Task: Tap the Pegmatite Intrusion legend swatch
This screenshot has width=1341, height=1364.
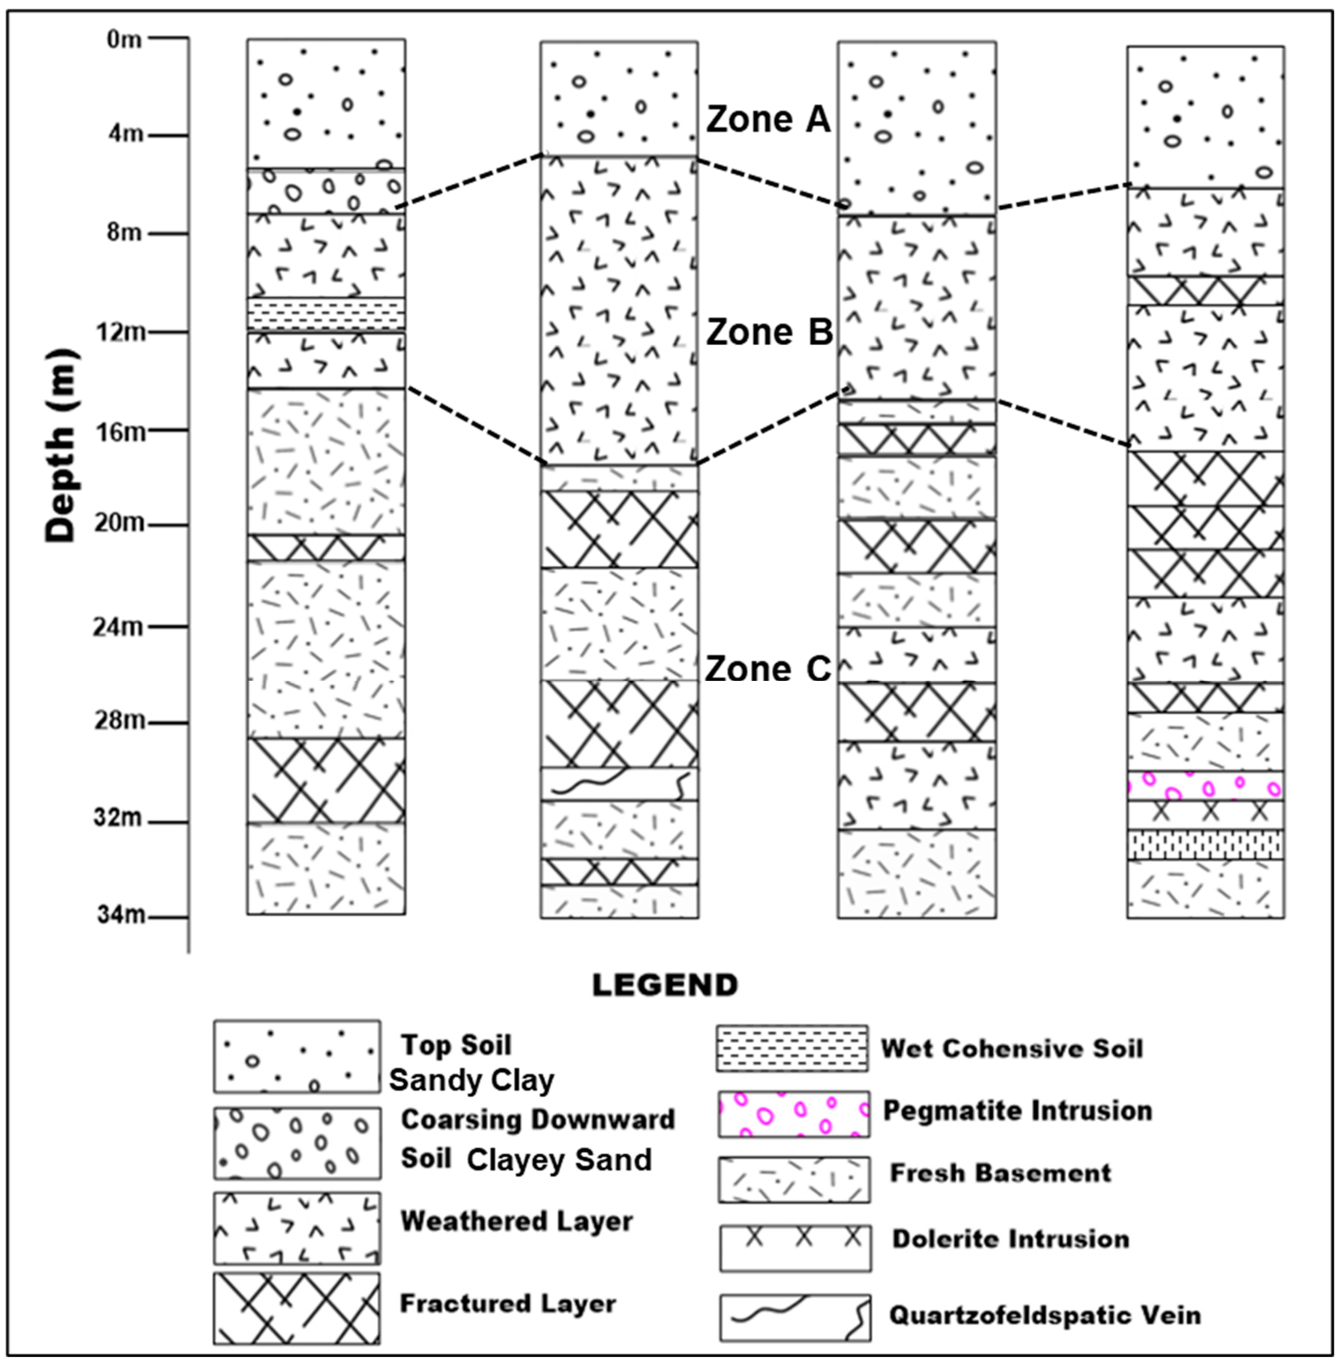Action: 794,1114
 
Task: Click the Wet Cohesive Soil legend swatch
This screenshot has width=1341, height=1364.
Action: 792,1048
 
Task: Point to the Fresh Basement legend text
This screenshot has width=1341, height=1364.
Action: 1000,1173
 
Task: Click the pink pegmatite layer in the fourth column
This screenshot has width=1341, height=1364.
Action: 1205,785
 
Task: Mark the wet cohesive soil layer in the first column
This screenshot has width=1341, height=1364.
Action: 326,313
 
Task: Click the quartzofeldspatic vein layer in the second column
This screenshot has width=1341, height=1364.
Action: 619,784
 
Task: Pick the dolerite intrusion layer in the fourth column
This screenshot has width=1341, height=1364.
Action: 1205,815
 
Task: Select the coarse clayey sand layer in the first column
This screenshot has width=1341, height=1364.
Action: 326,191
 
